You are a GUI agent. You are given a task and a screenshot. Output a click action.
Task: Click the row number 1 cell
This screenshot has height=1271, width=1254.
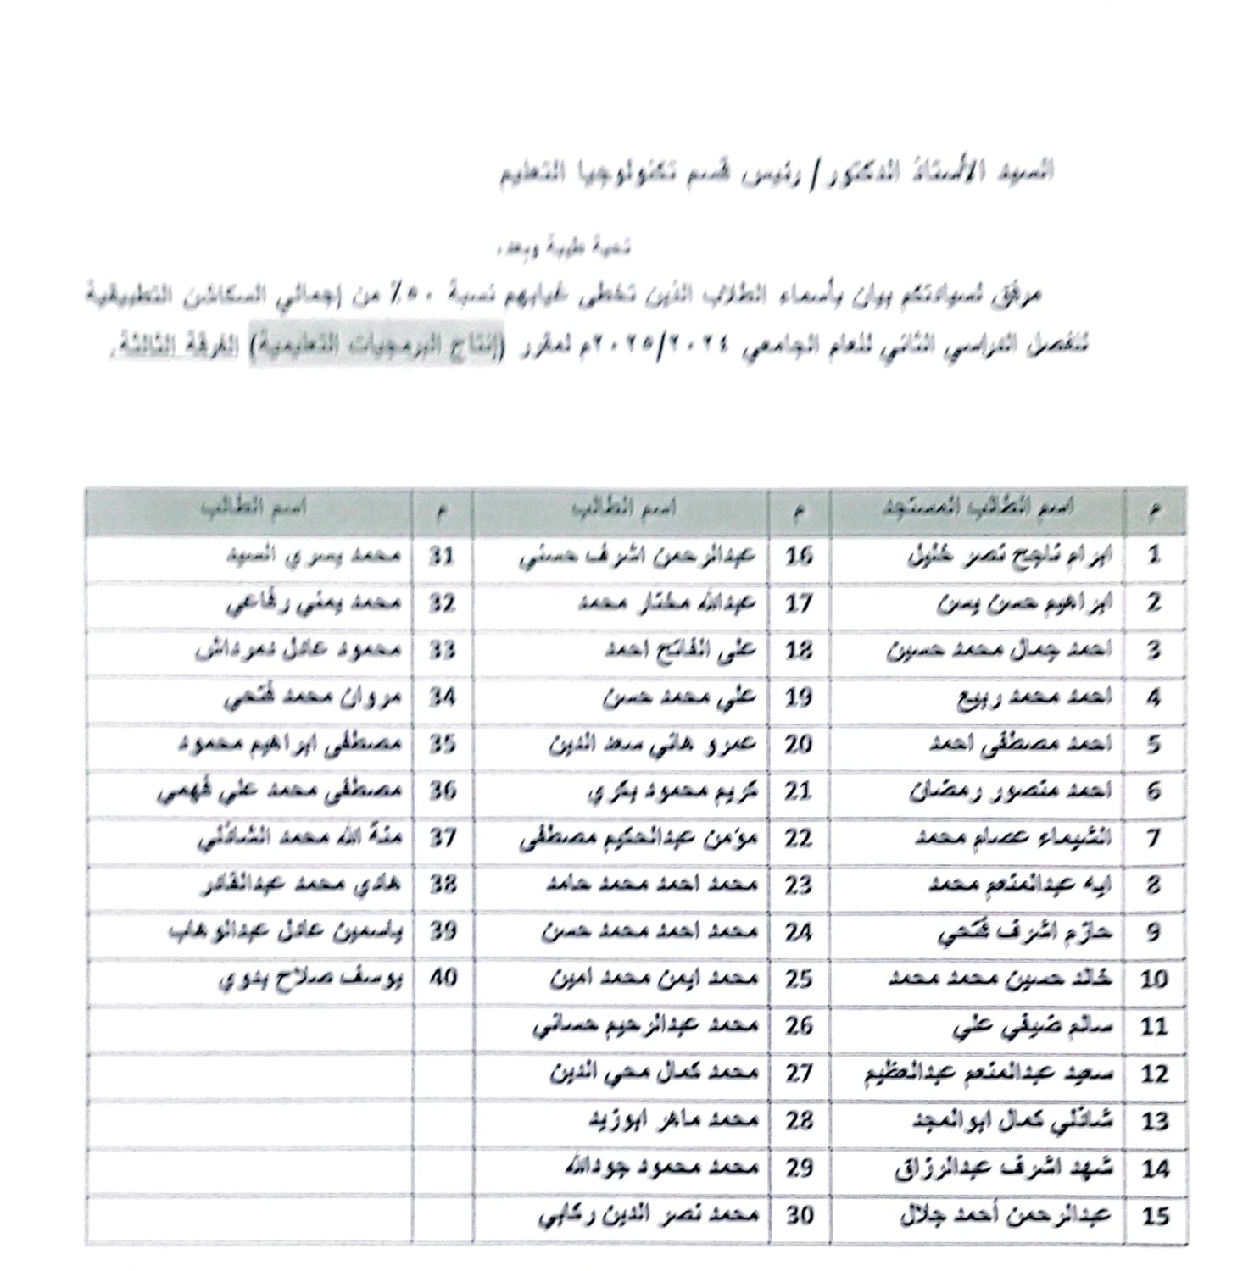1154,556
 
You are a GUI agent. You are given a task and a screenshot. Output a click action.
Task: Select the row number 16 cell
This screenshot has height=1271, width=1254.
799,556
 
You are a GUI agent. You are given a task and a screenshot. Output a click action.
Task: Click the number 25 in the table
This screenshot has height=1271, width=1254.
799,979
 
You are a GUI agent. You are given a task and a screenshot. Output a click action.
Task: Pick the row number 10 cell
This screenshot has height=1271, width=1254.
1154,979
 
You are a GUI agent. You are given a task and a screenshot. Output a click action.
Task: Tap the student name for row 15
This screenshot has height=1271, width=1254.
1005,1216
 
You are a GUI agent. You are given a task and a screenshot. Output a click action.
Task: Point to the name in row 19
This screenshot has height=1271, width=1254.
679,697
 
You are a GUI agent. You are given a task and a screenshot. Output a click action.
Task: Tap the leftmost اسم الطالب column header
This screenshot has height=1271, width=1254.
251,509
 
